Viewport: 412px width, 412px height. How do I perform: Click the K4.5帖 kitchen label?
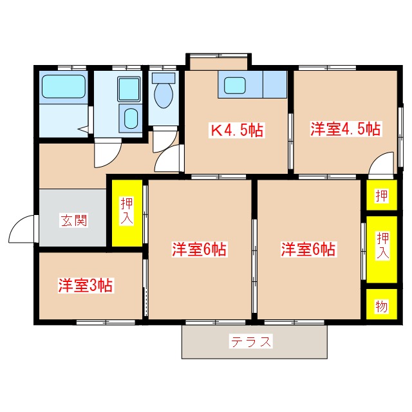(x=237, y=130)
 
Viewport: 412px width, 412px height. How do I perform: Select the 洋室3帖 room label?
(x=86, y=285)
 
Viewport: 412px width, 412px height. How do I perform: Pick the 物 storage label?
(x=382, y=306)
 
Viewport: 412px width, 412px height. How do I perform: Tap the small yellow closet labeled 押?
(x=382, y=196)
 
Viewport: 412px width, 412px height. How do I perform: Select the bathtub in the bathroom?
(x=64, y=86)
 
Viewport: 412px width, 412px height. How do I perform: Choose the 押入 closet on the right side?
(x=382, y=245)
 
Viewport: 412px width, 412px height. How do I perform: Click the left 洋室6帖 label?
(x=199, y=249)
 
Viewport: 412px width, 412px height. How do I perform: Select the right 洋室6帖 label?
(x=308, y=249)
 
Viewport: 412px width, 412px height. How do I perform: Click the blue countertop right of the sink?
(x=274, y=84)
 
